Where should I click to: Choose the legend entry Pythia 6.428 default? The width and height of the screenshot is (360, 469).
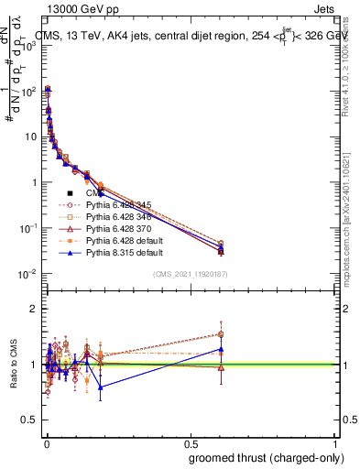120,241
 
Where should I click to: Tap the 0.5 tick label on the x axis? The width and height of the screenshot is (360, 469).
189,442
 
